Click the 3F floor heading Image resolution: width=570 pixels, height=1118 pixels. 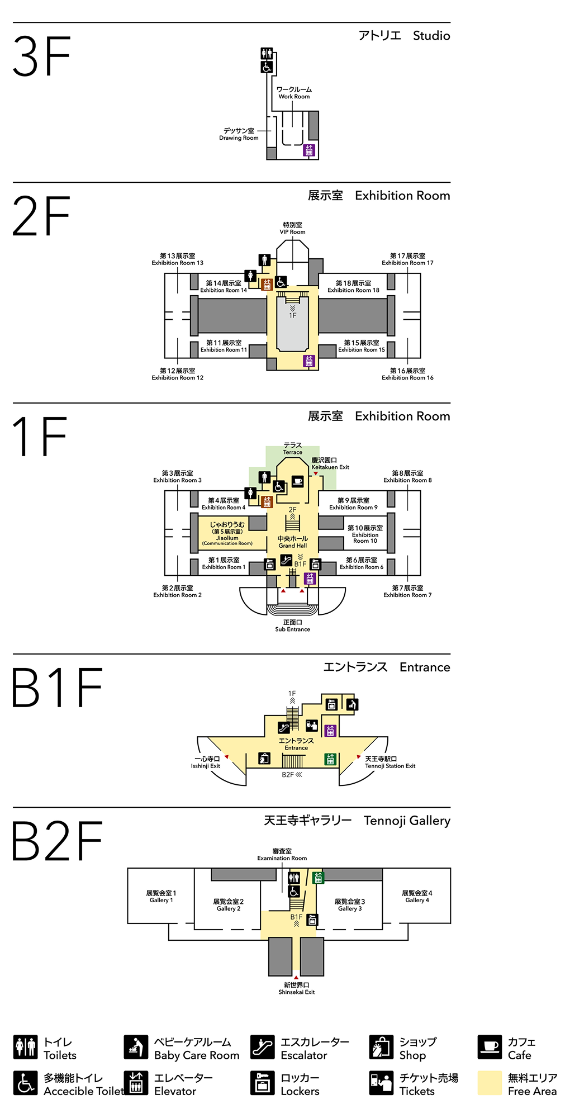pyautogui.click(x=42, y=56)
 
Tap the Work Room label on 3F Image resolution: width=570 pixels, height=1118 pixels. pyautogui.click(x=294, y=93)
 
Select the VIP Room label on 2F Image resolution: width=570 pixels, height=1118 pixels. pyautogui.click(x=292, y=229)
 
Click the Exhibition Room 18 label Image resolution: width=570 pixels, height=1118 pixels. pyautogui.click(x=353, y=287)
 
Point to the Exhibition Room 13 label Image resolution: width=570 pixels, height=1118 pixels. pyautogui.click(x=177, y=259)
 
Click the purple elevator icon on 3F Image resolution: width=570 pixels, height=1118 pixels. pyautogui.click(x=309, y=150)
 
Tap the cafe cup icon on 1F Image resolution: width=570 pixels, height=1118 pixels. pyautogui.click(x=297, y=481)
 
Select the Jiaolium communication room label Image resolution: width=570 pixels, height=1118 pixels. pyautogui.click(x=227, y=533)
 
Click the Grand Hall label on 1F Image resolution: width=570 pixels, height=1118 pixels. pyautogui.click(x=292, y=542)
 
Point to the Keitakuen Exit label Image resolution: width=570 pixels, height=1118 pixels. pyautogui.click(x=330, y=463)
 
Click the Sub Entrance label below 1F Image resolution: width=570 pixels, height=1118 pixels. pyautogui.click(x=292, y=626)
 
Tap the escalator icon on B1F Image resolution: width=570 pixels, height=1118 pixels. pyautogui.click(x=284, y=727)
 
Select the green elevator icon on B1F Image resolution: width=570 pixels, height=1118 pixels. pyautogui.click(x=330, y=759)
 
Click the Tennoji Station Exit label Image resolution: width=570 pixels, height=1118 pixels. pyautogui.click(x=389, y=762)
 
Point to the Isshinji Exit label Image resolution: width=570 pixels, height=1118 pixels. pyautogui.click(x=206, y=762)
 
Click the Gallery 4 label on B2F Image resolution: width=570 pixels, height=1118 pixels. pyautogui.click(x=417, y=897)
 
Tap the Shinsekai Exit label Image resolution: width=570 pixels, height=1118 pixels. pyautogui.click(x=296, y=988)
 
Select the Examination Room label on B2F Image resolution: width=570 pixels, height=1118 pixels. pyautogui.click(x=282, y=855)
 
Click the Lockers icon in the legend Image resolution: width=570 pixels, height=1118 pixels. pyautogui.click(x=262, y=1083)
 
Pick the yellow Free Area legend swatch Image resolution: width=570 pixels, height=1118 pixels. pyautogui.click(x=490, y=1083)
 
